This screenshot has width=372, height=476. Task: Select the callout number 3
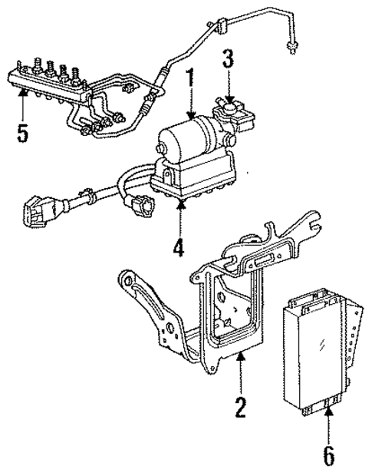tap(228, 59)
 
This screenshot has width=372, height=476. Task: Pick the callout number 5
tap(24, 134)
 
